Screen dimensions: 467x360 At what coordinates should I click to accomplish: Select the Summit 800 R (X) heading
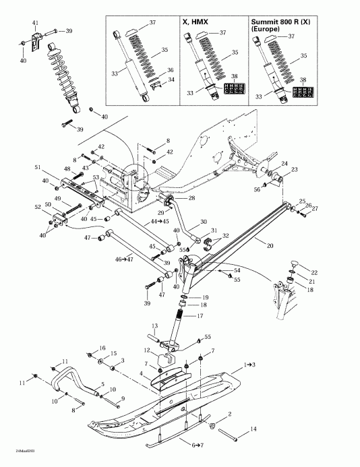(x=277, y=25)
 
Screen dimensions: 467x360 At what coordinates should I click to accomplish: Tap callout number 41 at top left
(x=36, y=24)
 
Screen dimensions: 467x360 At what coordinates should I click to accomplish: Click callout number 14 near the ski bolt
(x=253, y=429)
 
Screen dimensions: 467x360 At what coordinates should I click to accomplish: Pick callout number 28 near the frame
(x=192, y=198)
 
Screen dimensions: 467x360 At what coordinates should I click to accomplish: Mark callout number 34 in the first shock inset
(x=171, y=80)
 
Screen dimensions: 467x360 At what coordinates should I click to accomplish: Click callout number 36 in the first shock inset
(x=171, y=70)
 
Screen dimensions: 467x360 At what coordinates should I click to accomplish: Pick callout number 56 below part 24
(x=257, y=190)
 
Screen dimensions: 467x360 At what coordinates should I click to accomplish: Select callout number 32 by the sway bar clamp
(x=226, y=236)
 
